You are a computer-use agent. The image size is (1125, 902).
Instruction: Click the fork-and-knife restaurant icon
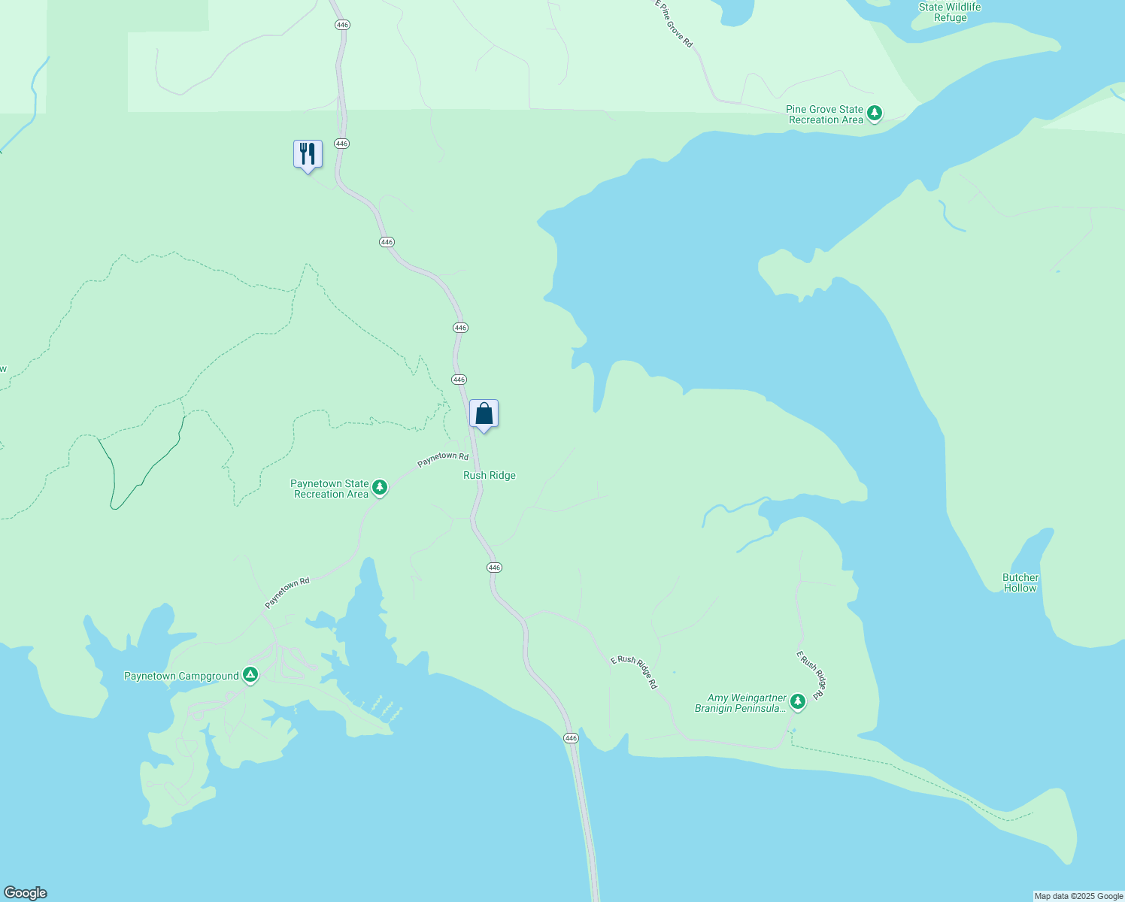(308, 154)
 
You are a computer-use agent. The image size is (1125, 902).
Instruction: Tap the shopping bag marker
(484, 413)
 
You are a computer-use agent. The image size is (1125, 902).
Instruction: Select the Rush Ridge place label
(490, 476)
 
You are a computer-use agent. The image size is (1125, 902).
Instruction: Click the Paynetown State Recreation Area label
(330, 489)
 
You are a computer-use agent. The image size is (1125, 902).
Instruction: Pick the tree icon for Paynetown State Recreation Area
(380, 488)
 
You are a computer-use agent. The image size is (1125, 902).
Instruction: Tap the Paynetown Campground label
(181, 676)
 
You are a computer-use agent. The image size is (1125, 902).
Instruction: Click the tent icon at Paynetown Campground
(250, 675)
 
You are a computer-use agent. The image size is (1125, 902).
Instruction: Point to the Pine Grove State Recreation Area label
(825, 114)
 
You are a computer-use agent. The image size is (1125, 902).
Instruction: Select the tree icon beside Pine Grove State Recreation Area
(874, 113)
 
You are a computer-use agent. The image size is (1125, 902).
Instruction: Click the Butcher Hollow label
(1020, 583)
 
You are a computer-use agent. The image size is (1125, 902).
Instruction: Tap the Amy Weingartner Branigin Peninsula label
(741, 704)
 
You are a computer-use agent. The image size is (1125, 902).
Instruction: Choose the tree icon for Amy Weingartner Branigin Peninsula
(798, 701)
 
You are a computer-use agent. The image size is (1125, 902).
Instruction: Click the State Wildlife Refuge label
(950, 12)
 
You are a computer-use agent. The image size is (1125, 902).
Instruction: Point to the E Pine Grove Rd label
(674, 24)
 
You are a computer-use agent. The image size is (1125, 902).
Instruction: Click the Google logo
(26, 893)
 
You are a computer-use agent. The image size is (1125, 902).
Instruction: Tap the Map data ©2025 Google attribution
(1078, 896)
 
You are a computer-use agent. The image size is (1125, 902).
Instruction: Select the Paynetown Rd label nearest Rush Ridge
(443, 459)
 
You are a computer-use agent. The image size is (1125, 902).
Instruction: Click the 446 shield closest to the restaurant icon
(341, 143)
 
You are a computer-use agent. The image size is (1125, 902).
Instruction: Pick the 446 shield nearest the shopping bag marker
(459, 380)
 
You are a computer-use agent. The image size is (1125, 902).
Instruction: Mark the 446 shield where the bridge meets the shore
(571, 739)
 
